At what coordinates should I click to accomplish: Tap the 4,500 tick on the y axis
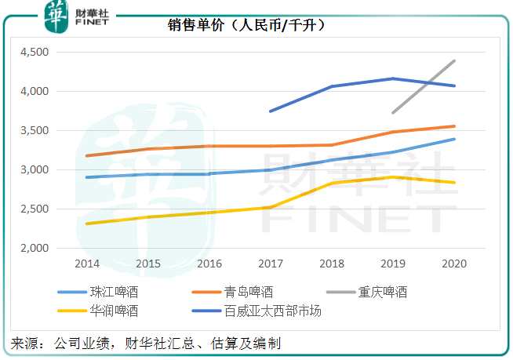click(34, 53)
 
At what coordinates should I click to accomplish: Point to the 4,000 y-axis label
click(34, 92)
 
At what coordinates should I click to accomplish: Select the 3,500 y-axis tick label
click(34, 131)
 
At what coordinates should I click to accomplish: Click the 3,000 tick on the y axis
click(34, 169)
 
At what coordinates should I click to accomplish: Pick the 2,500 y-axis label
click(34, 209)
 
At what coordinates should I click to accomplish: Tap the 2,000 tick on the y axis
click(34, 248)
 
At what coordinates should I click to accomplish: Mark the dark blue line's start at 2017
click(270, 111)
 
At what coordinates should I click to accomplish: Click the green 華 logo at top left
click(56, 16)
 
